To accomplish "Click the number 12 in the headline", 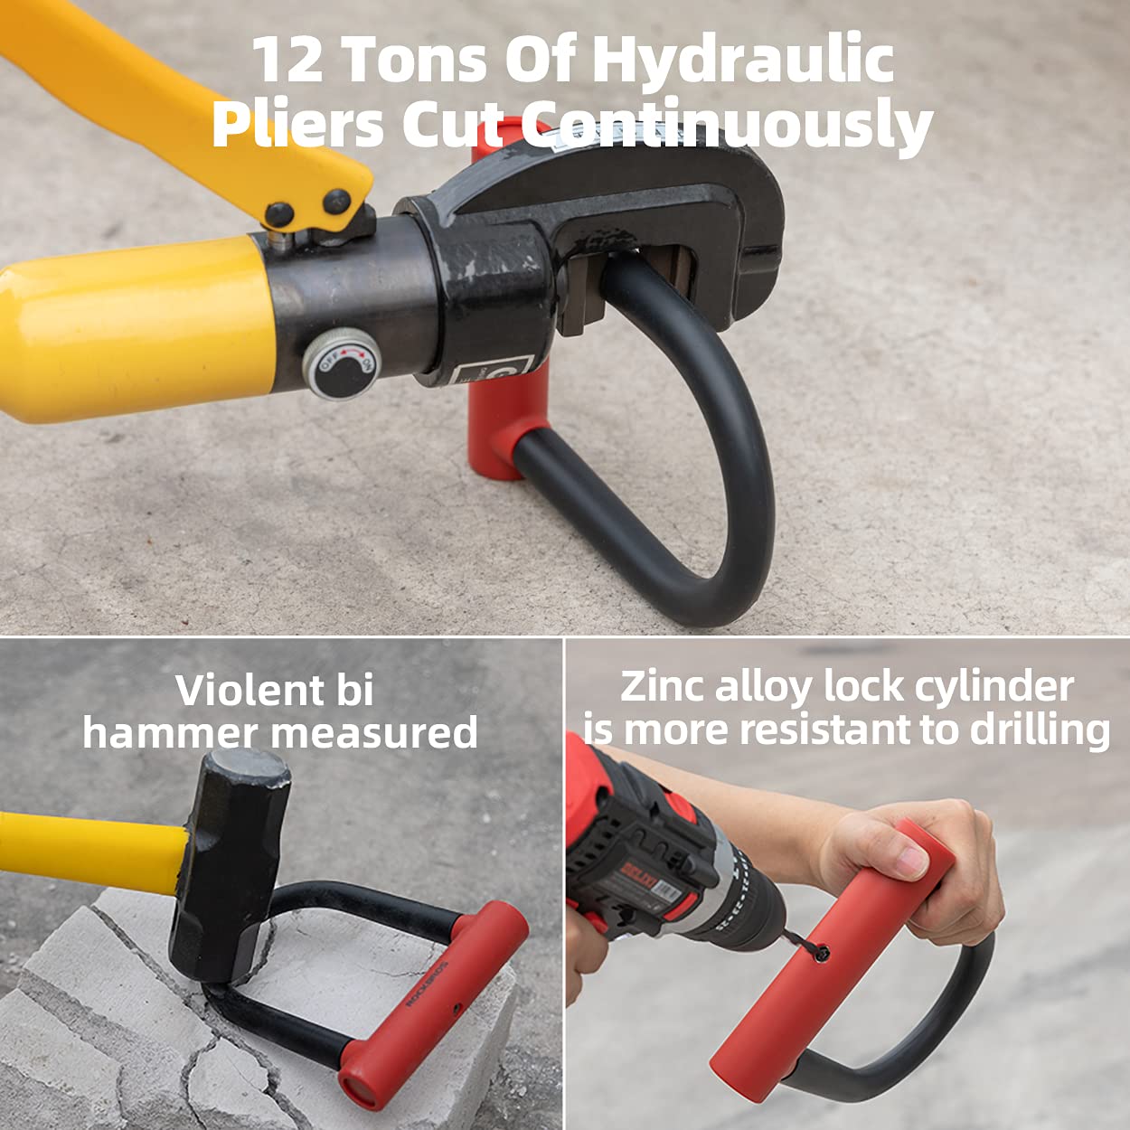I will tap(287, 60).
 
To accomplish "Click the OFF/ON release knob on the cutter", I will tap(342, 363).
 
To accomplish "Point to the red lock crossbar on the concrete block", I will tap(434, 1003).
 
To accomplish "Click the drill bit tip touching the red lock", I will tap(819, 953).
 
